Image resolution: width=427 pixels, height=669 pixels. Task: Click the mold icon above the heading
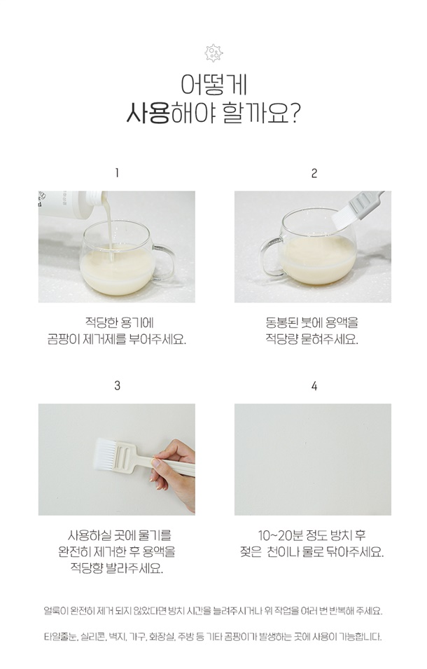[213, 53]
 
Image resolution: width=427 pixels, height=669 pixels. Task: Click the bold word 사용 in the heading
[148, 113]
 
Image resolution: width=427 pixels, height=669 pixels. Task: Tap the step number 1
[117, 173]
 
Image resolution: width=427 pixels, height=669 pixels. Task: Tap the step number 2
[314, 173]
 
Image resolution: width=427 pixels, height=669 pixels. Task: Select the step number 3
[117, 386]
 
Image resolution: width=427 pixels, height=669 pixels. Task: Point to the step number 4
[314, 386]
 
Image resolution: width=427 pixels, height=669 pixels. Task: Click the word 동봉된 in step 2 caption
[281, 322]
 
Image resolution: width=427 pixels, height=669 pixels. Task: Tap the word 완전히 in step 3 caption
[74, 552]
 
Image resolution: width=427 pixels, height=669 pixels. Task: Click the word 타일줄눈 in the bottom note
[60, 637]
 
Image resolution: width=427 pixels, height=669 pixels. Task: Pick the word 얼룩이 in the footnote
[56, 611]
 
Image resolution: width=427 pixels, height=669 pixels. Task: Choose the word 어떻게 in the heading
[213, 85]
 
